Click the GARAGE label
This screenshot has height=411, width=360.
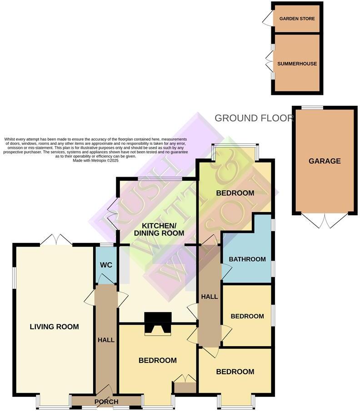[325, 161]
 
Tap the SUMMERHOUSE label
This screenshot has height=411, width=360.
[297, 64]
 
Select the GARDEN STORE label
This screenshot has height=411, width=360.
[297, 19]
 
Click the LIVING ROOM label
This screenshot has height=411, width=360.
[54, 327]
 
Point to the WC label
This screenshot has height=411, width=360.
[106, 264]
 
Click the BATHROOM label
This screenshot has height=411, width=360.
[247, 259]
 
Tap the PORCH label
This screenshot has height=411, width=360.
[106, 401]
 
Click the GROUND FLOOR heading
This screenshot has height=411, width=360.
[254, 119]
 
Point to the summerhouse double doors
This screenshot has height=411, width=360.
[269, 62]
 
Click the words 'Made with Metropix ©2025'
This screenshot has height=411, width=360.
[95, 160]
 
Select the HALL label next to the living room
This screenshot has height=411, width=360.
[106, 340]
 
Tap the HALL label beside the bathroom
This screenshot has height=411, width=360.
[209, 297]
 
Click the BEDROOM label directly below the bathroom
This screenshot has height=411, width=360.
[247, 316]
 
